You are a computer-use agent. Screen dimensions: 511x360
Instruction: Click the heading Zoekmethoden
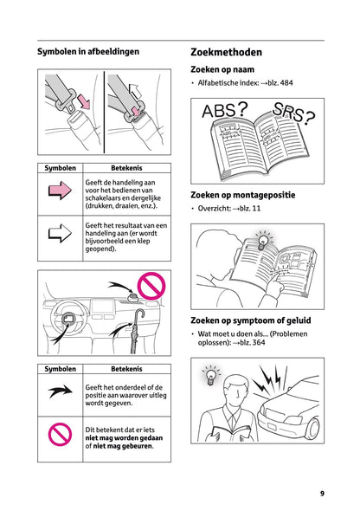225,53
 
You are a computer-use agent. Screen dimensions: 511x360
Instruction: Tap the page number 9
322,494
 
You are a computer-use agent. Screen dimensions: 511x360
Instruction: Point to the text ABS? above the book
223,111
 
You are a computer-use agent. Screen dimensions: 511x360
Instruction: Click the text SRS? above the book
293,113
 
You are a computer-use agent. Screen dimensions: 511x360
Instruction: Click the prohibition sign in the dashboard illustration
151,285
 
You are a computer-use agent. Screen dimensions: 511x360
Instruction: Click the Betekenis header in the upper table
126,167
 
